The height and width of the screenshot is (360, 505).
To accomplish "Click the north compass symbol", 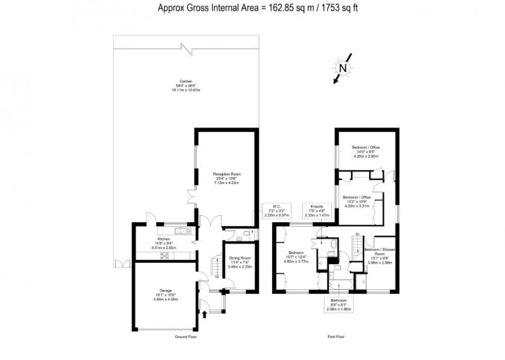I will [343, 67].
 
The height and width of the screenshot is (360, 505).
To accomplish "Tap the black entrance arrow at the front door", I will [207, 313].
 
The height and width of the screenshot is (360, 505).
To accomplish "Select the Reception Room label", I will [227, 178].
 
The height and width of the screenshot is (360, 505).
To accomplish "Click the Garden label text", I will [186, 85].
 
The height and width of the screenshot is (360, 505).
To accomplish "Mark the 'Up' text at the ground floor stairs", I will [217, 277].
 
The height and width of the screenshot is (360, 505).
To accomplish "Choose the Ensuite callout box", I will [316, 211].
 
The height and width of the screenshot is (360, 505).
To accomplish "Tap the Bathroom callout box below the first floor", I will [339, 304].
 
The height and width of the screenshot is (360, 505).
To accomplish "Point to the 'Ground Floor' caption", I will [186, 337].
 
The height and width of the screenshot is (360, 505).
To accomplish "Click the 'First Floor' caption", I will [335, 337].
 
